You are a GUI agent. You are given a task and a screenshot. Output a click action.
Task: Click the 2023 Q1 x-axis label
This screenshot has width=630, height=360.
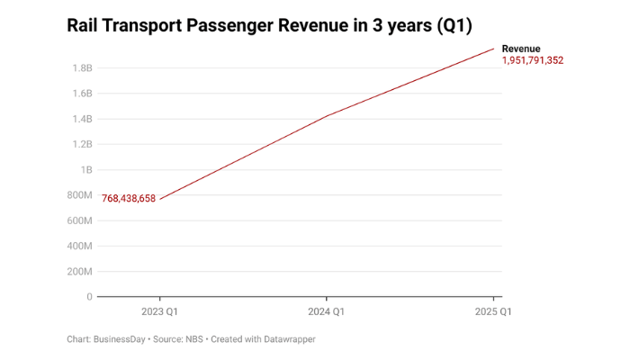tap(159, 311)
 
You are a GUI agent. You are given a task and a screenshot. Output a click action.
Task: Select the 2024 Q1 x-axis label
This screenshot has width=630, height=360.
tap(327, 311)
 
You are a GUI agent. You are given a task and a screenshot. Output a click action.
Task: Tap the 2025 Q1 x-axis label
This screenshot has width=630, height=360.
tap(493, 311)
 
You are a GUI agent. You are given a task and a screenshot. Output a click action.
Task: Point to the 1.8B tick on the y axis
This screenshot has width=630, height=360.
tap(82, 68)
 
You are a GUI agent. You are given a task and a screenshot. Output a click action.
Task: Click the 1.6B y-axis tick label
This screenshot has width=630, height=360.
tap(82, 94)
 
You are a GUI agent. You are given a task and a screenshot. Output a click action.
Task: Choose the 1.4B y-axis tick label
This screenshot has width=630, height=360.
tap(82, 119)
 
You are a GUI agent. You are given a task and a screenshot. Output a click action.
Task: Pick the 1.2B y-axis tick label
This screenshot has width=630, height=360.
tap(82, 144)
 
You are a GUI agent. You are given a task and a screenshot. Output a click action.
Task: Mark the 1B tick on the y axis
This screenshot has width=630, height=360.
tap(86, 169)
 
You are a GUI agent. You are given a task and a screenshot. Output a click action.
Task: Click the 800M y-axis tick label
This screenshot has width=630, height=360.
tap(79, 195)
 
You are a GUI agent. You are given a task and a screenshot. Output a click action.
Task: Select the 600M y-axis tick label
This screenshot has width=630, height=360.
tap(79, 220)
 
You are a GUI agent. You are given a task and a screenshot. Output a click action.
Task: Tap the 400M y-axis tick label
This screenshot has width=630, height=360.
tap(79, 246)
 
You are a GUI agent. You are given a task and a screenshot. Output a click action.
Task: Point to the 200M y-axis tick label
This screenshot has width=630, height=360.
tap(79, 271)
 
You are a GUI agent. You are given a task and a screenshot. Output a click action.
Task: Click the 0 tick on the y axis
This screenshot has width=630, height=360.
tap(89, 296)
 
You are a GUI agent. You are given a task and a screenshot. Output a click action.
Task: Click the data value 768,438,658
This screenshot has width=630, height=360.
tap(129, 199)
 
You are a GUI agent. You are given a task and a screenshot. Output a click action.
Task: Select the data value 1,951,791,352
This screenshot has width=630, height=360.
tap(533, 60)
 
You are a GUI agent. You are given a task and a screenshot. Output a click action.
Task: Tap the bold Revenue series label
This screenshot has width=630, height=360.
tap(521, 49)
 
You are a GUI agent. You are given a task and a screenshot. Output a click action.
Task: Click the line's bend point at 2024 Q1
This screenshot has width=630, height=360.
tap(327, 116)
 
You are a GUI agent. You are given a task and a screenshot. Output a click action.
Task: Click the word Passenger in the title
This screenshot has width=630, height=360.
tap(229, 25)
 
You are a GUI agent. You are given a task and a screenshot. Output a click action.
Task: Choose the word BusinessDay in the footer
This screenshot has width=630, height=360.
tap(121, 339)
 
